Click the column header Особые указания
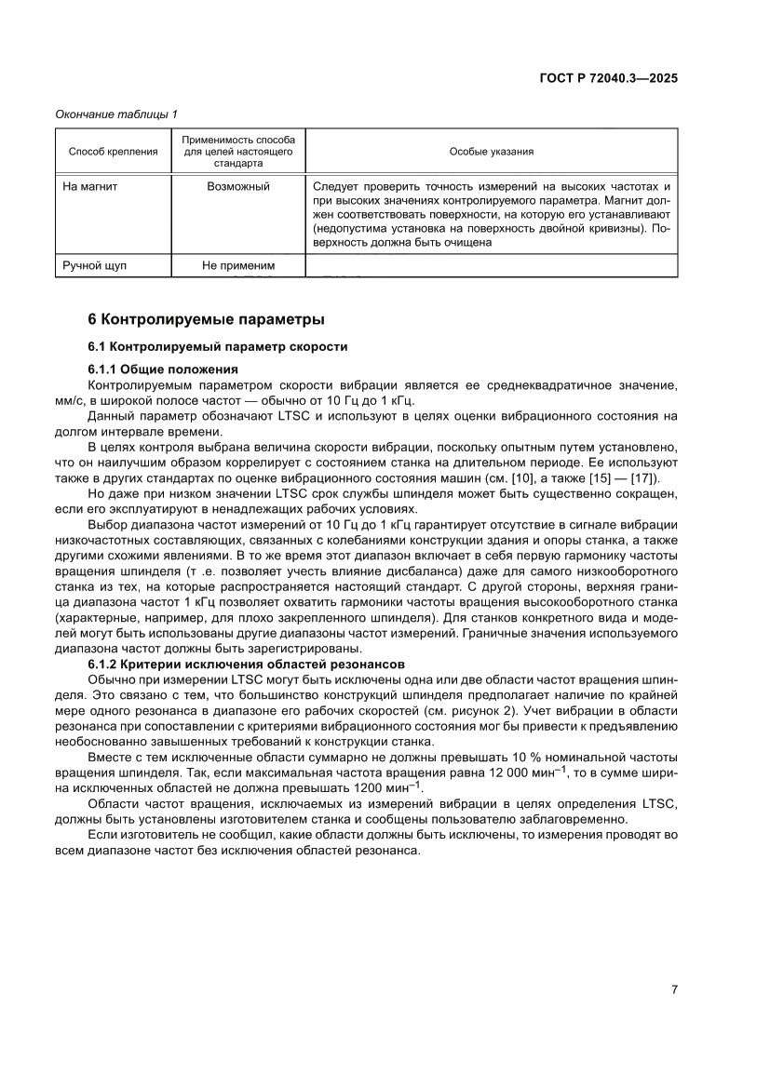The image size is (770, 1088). click(491, 151)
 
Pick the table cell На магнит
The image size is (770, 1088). click(89, 186)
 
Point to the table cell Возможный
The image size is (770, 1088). click(238, 186)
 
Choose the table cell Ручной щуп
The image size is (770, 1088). click(94, 266)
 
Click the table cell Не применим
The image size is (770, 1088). click(238, 266)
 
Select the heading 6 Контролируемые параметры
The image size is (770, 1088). click(206, 319)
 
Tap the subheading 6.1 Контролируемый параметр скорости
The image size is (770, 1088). click(217, 346)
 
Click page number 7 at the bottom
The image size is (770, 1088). click(673, 989)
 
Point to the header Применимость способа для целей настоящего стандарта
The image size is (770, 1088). click(238, 151)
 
